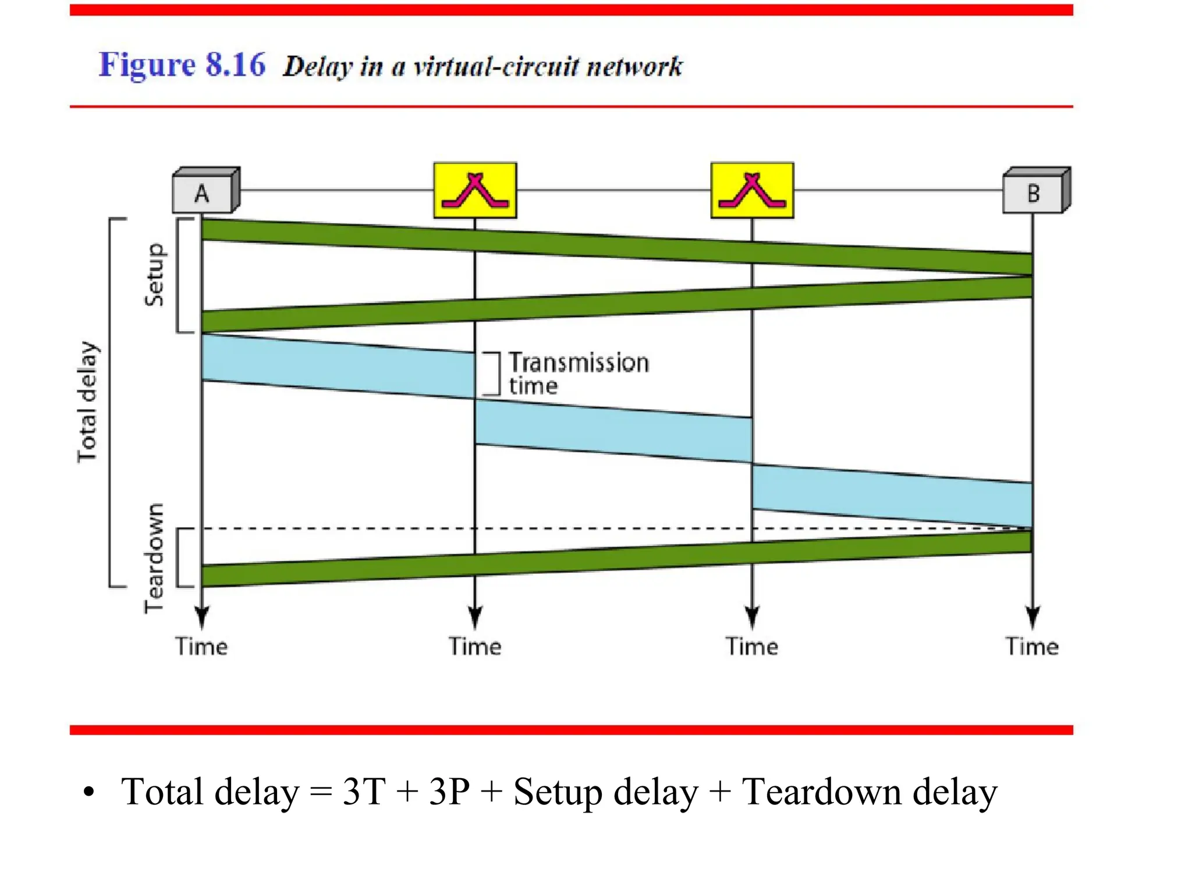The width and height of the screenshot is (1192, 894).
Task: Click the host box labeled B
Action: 1035,191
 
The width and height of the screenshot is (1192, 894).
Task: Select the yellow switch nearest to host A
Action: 475,190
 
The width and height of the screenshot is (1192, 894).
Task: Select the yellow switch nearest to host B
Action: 752,190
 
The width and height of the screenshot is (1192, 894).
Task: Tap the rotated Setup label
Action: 155,275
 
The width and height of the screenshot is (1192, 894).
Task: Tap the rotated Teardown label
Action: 155,558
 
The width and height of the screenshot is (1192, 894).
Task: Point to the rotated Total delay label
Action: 88,402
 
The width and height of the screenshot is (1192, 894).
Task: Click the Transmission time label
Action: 578,374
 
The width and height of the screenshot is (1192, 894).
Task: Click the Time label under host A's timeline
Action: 201,647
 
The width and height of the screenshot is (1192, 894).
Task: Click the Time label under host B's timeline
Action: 1032,647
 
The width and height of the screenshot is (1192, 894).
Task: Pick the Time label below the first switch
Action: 475,647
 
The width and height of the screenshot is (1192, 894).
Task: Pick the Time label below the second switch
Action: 751,647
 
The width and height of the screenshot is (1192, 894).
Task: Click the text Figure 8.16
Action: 182,65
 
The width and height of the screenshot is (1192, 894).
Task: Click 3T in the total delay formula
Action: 364,792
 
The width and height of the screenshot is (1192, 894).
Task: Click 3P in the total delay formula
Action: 449,792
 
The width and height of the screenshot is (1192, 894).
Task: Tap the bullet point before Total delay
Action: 88,793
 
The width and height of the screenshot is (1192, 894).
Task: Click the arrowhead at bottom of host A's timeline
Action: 202,617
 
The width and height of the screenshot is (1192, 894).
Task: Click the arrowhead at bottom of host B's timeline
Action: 1033,617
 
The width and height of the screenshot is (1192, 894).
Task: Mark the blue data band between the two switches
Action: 613,431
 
